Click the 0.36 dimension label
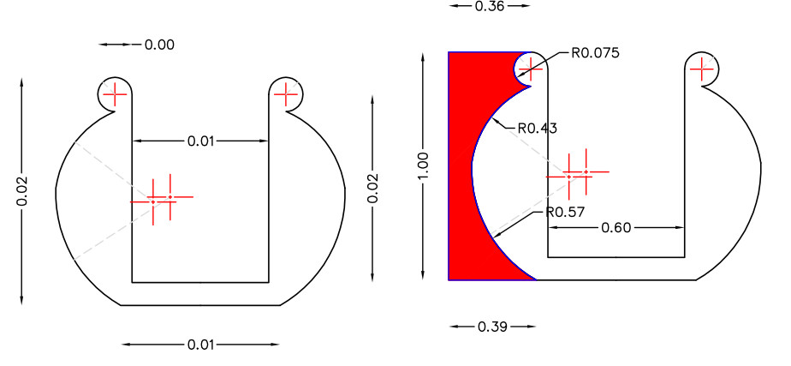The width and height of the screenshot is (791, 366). click(490, 6)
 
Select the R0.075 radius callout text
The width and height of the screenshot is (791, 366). click(595, 53)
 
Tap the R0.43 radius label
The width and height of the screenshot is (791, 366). click(538, 129)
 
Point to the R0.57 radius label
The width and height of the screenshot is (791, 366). click(565, 212)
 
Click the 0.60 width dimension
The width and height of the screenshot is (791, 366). click(616, 228)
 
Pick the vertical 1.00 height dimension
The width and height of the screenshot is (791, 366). click(423, 165)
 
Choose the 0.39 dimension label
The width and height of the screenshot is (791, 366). click(493, 327)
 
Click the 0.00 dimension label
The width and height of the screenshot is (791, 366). click(159, 45)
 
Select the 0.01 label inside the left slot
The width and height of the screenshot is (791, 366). click(201, 141)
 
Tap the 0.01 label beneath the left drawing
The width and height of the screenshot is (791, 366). click(201, 345)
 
